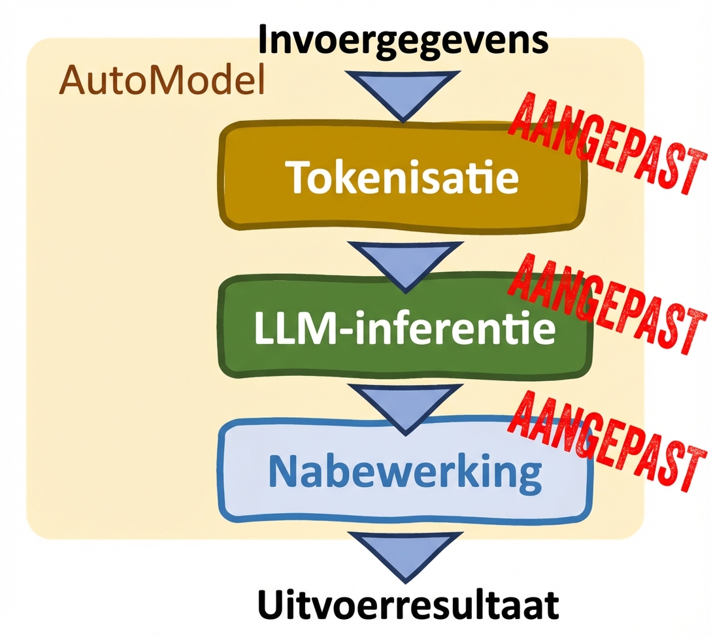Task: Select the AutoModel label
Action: pos(162,82)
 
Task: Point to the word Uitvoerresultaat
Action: pos(408,605)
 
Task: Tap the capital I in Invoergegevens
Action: pos(265,41)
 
